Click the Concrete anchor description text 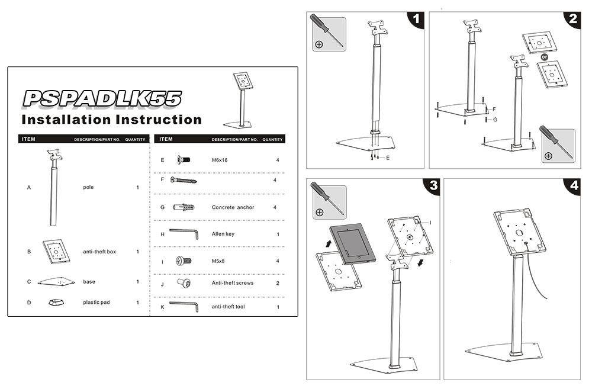pos(233,208)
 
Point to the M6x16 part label pos(220,160)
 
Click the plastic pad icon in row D pos(56,302)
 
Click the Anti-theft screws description pos(233,283)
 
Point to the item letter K pos(162,307)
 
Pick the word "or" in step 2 pos(544,57)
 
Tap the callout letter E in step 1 pos(388,158)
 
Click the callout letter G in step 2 pos(495,120)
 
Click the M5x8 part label pos(218,261)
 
